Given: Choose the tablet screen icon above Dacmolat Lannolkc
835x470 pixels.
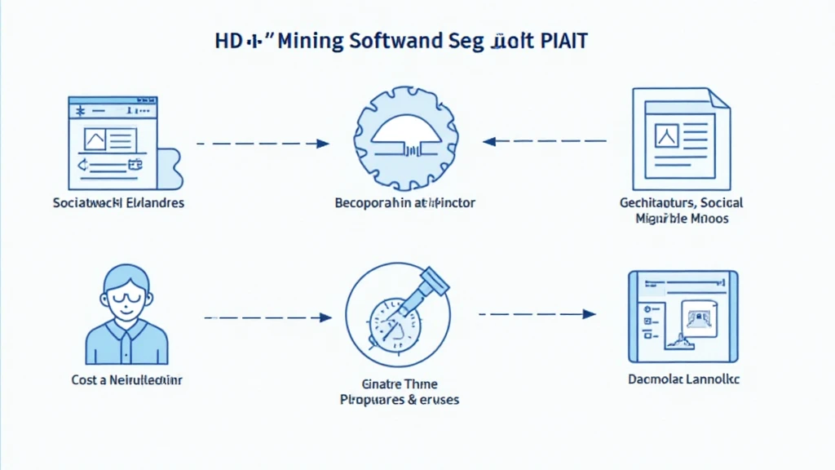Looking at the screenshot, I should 683,317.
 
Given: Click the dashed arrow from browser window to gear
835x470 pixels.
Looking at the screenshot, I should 263,144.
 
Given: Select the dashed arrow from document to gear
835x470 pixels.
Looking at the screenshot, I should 545,141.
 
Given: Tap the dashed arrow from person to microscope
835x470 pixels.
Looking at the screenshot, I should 267,317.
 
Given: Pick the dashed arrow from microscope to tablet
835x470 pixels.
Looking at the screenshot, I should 537,313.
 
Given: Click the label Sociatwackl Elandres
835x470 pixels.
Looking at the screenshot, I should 118,202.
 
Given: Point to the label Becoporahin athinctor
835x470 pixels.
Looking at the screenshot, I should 404,202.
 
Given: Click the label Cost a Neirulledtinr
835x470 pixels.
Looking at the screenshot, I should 126,379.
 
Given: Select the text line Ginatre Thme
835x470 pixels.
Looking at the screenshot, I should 399,384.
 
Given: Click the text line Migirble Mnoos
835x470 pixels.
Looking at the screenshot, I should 681,219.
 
